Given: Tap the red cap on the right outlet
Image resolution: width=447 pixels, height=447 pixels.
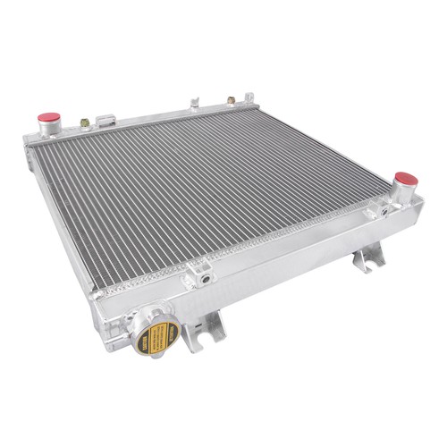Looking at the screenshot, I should click(405, 179).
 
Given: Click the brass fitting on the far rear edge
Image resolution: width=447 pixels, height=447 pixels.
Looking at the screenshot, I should click(232, 100).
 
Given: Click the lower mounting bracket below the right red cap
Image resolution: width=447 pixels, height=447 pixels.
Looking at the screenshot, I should click(367, 258).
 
